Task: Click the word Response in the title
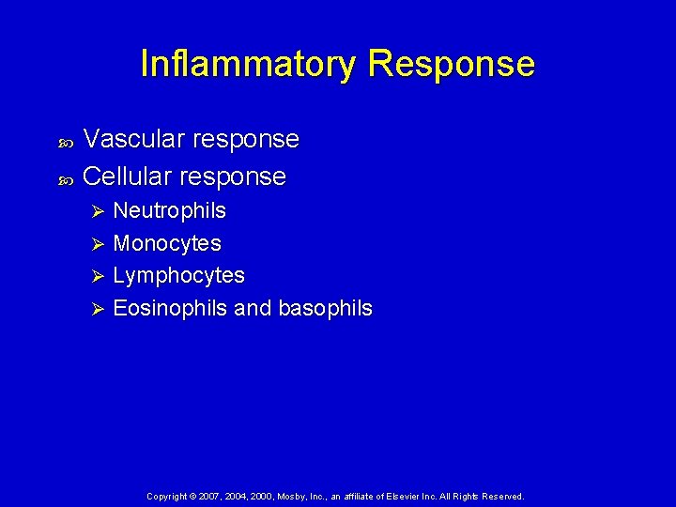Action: pos(452,65)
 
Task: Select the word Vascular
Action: pos(134,140)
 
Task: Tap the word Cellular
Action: pos(128,177)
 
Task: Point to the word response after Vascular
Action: pos(245,140)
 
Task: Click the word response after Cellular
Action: pos(232,177)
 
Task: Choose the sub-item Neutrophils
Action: pos(169,211)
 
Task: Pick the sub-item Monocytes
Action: pos(167,244)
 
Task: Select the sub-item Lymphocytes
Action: pos(178,276)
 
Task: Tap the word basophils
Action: pos(324,308)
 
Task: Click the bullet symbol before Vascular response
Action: pos(66,143)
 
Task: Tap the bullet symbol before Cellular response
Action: pos(66,178)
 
